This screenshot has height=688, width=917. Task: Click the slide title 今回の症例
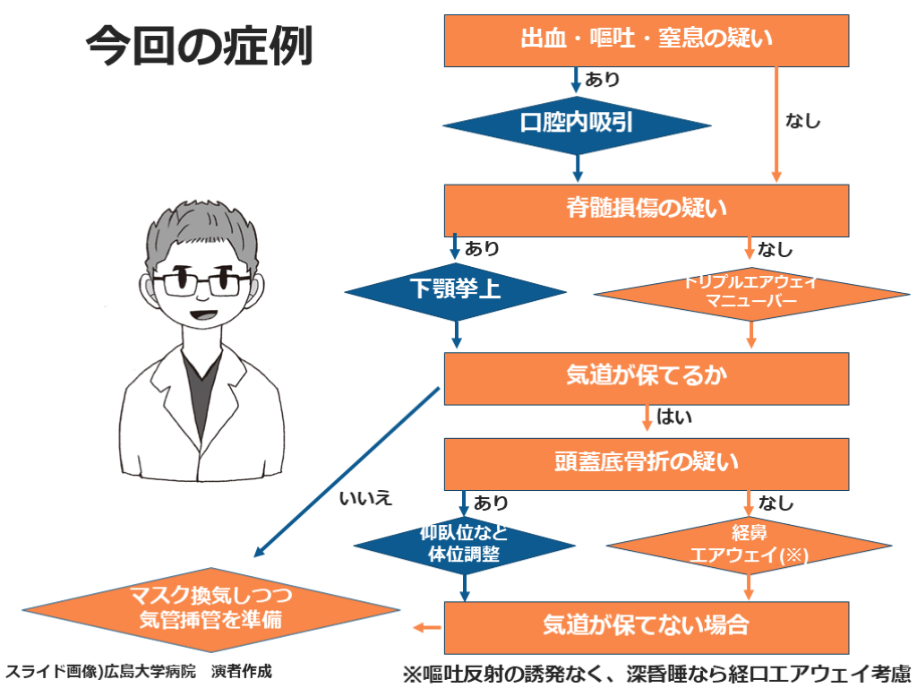(x=199, y=46)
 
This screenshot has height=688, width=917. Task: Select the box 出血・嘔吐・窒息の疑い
(x=647, y=40)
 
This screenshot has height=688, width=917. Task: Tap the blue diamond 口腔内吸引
(x=577, y=123)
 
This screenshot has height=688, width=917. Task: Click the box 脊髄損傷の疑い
(x=647, y=210)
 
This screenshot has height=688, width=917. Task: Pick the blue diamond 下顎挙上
(x=456, y=290)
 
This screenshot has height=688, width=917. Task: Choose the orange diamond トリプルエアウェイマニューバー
(x=750, y=292)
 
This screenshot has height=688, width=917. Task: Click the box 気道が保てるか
(x=647, y=377)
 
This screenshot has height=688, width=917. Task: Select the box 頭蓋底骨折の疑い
(x=647, y=463)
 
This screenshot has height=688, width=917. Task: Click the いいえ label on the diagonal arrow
(x=366, y=498)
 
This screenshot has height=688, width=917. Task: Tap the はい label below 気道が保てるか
(x=674, y=417)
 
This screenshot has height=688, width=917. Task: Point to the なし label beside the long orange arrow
(x=802, y=121)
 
